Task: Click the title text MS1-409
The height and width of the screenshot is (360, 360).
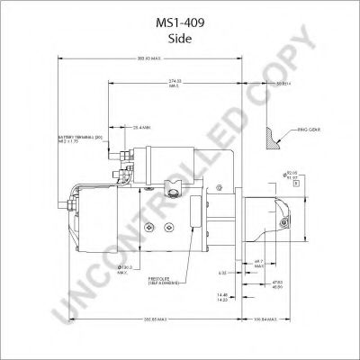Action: point(180,13)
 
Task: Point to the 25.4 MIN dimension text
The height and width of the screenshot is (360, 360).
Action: point(142,127)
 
